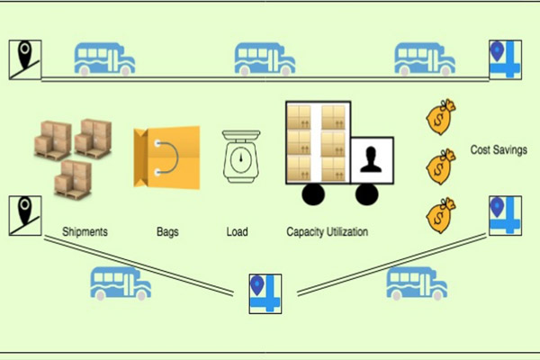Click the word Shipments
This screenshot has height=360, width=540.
[x=85, y=232]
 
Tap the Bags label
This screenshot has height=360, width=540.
[x=166, y=232]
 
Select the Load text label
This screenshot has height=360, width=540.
[x=237, y=232]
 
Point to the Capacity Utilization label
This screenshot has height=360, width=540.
[x=328, y=232]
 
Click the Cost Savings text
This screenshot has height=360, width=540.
[x=499, y=149]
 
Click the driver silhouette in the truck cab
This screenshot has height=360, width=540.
[x=371, y=161]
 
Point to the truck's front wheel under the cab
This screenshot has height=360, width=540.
[x=365, y=193]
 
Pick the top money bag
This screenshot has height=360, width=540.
[x=441, y=117]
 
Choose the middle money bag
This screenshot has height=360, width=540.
[x=441, y=165]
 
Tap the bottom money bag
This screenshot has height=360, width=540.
[x=441, y=214]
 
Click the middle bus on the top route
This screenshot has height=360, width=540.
[x=265, y=59]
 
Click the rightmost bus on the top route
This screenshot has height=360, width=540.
[x=424, y=59]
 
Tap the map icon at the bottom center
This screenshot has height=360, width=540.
[x=265, y=293]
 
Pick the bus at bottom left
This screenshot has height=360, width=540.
[x=121, y=283]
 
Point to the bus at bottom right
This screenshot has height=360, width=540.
[x=417, y=283]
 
